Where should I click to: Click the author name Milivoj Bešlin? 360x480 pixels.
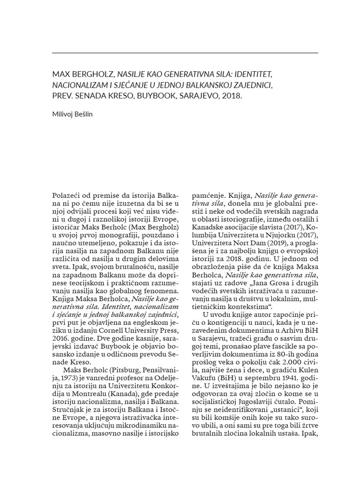coord(72,114)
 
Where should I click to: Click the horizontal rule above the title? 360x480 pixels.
coord(185,53)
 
